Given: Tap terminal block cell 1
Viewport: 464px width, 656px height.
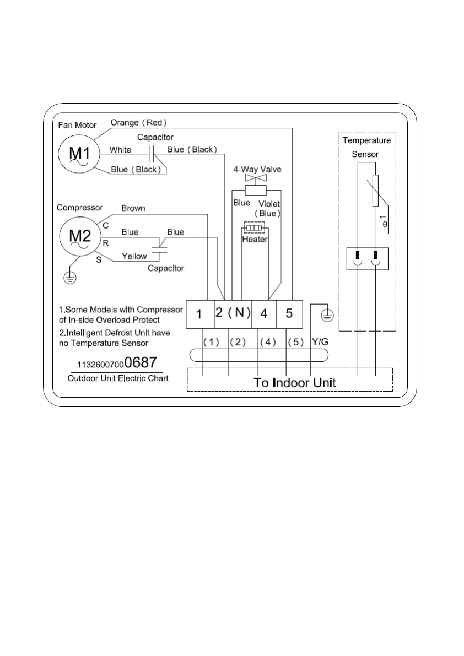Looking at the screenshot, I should [x=199, y=314].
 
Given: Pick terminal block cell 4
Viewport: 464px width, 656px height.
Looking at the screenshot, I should [x=263, y=314].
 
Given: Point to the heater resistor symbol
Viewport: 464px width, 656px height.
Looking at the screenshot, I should [x=255, y=227].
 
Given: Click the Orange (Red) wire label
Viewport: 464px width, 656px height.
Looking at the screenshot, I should [x=138, y=122].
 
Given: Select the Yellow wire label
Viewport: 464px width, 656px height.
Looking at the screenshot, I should [x=134, y=256].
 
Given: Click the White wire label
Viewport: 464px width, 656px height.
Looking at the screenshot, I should [x=120, y=149].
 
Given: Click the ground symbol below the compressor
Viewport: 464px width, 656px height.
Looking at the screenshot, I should [x=70, y=278].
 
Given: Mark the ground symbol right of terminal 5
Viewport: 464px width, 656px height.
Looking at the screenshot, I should [x=327, y=316].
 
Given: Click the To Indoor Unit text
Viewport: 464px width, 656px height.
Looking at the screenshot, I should [x=294, y=382].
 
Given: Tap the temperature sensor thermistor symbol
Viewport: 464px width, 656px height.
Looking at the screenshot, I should [x=375, y=191].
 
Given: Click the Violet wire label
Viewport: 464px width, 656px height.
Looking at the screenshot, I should [x=269, y=204].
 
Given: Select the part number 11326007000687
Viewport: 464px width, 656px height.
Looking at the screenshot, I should [x=117, y=363].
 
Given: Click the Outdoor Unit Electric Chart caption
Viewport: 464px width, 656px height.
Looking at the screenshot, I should [x=117, y=378].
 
